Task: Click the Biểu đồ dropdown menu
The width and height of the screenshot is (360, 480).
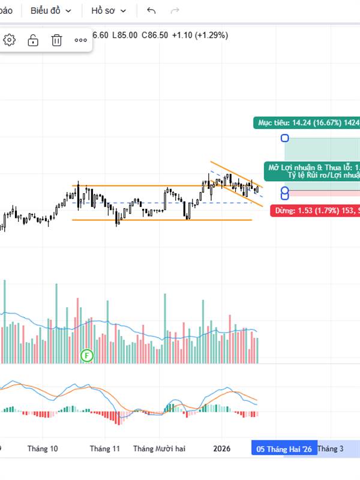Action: [x=51, y=11]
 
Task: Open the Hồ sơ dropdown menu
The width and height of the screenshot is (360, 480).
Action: [x=109, y=11]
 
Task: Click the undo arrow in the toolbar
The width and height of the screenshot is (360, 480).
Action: [x=151, y=11]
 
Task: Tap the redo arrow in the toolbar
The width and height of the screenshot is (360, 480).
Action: [x=175, y=11]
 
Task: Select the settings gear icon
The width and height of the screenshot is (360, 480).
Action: [x=10, y=40]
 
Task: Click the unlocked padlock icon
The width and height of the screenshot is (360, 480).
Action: [x=33, y=40]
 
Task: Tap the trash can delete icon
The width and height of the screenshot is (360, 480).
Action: [x=56, y=40]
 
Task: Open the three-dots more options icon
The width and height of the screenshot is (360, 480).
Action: [x=80, y=40]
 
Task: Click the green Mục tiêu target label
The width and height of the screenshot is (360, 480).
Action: [x=307, y=123]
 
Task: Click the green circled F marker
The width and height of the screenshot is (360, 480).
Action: [x=88, y=356]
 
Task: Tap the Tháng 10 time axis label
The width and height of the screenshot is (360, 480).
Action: [x=43, y=449]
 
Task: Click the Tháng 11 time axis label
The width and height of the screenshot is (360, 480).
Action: [x=105, y=449]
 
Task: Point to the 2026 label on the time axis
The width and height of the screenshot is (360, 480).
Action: [x=222, y=449]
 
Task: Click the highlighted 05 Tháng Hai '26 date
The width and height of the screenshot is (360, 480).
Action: [x=284, y=449]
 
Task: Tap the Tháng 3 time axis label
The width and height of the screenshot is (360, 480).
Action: [x=331, y=449]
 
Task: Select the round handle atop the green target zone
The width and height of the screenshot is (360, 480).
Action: [x=285, y=138]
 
